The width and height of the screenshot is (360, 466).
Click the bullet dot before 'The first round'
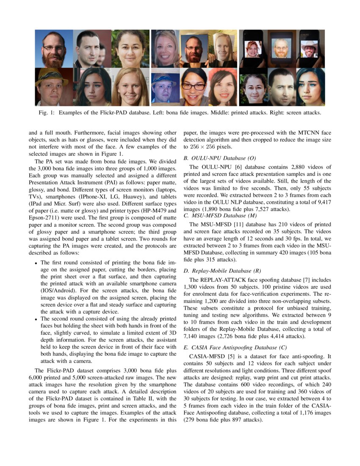coord(36,263)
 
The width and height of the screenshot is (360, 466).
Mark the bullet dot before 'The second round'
coord(36,318)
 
